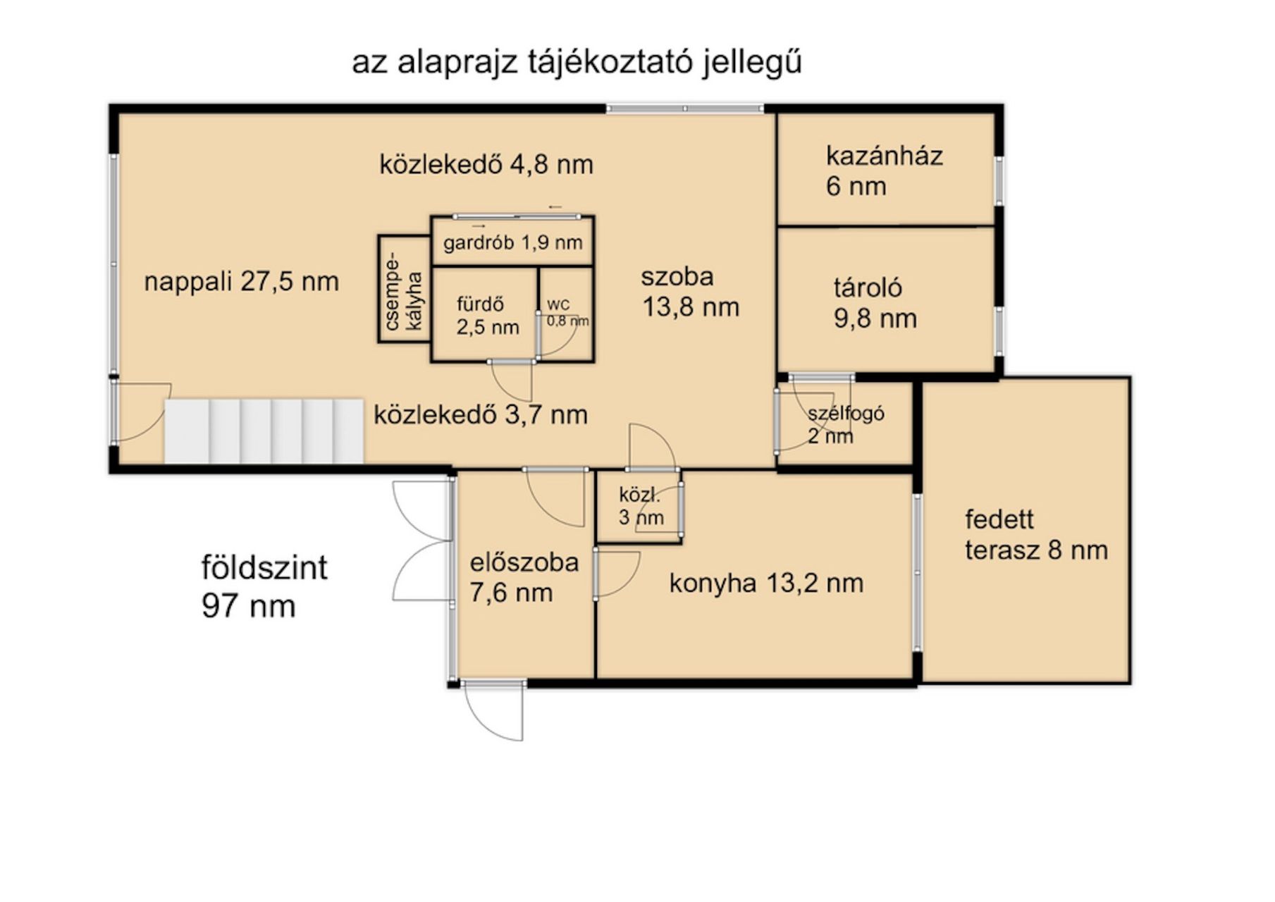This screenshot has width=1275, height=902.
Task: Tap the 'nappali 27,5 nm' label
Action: (241, 282)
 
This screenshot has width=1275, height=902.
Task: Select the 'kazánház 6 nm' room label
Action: (884, 171)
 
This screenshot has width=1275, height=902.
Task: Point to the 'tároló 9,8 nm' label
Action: (875, 303)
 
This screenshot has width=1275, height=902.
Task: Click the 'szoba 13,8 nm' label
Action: (690, 292)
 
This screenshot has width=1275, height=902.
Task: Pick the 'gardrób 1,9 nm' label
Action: (512, 243)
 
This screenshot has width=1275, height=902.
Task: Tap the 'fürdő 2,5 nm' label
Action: (487, 316)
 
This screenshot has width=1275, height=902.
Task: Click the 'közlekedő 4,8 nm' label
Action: (486, 165)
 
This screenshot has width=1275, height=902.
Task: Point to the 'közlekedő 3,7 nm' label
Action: (480, 414)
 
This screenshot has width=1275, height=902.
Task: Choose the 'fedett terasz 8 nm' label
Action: (1036, 535)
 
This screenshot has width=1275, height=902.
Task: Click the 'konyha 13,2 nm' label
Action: (766, 583)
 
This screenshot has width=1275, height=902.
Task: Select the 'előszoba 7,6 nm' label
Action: (524, 577)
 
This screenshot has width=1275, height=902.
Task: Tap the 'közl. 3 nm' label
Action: (641, 506)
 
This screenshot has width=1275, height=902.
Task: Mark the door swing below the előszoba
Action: (494, 710)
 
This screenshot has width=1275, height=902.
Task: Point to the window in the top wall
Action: (685, 109)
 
